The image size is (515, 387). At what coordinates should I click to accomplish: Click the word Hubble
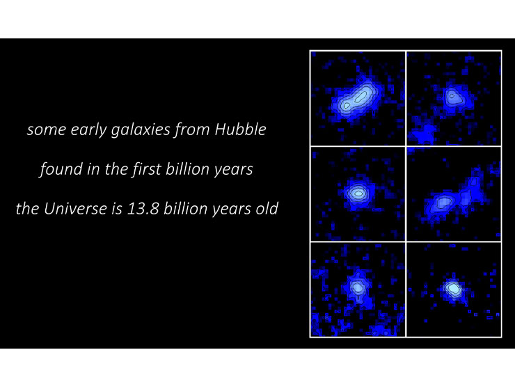coord(240,129)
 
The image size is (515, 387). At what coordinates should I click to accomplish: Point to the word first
coord(147,169)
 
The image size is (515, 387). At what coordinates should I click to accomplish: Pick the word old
coord(267,208)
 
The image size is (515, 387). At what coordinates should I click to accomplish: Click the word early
coord(88,130)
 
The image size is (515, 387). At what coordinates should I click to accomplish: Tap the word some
coord(47,130)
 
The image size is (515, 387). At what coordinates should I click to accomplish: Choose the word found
coord(61,169)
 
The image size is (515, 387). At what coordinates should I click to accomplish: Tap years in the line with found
coord(234,170)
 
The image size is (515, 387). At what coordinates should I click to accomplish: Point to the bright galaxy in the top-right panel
coord(454,97)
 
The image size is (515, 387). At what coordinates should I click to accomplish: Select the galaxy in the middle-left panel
coord(357,193)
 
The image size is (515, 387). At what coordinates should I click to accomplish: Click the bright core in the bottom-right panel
coord(453,288)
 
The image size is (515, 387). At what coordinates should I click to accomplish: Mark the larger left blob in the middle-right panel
coord(440,204)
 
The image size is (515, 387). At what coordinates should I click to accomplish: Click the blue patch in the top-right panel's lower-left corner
coord(422,134)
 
